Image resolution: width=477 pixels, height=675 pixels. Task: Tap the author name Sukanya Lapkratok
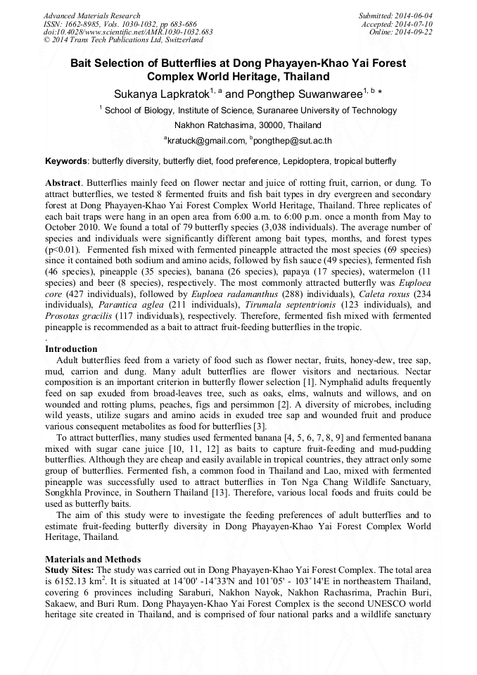(x=158, y=93)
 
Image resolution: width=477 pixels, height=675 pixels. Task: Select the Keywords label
(x=67, y=161)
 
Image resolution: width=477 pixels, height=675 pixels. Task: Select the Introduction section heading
(x=71, y=349)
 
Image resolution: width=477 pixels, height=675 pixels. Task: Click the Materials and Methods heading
(x=93, y=559)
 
